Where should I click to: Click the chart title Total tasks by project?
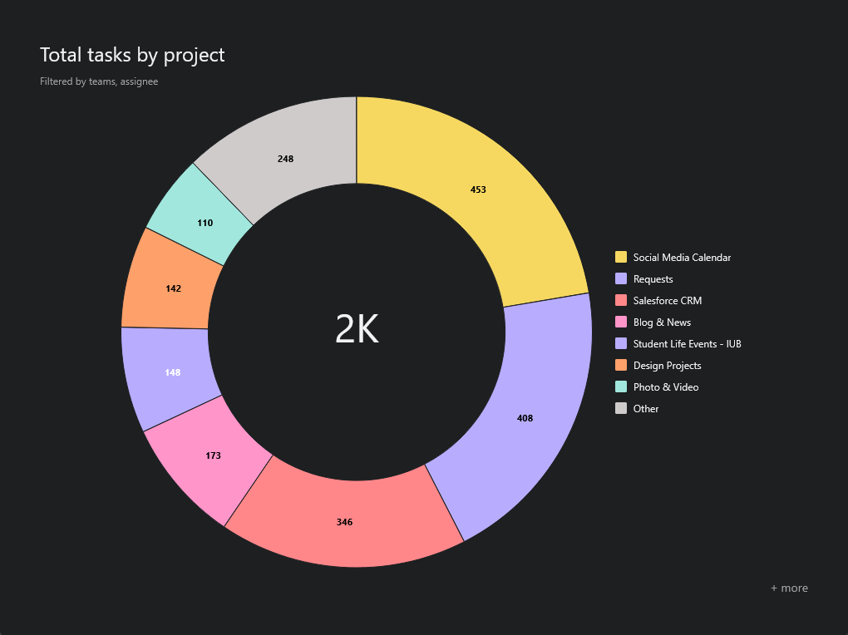click(x=132, y=55)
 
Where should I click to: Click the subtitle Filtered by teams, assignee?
click(x=99, y=81)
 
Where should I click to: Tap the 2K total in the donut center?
click(x=357, y=330)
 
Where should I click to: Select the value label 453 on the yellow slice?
click(x=478, y=190)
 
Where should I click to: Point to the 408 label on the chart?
click(x=525, y=418)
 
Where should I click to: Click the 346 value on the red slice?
click(x=344, y=522)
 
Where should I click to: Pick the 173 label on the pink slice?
click(x=213, y=455)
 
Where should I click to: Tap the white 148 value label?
click(x=172, y=372)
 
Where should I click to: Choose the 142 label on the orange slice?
click(x=173, y=288)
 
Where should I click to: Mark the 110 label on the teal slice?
click(x=205, y=223)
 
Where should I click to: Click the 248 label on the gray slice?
click(x=285, y=158)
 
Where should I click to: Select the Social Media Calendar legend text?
click(x=682, y=258)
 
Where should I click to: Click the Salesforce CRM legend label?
click(x=668, y=301)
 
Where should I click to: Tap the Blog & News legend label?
click(x=662, y=322)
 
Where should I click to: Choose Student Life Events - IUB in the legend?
click(x=687, y=344)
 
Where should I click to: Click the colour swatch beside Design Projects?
click(x=621, y=365)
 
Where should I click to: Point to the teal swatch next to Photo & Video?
click(x=621, y=386)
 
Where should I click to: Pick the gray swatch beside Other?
click(x=621, y=408)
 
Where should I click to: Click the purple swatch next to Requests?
click(x=621, y=278)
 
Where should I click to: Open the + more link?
click(x=789, y=588)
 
